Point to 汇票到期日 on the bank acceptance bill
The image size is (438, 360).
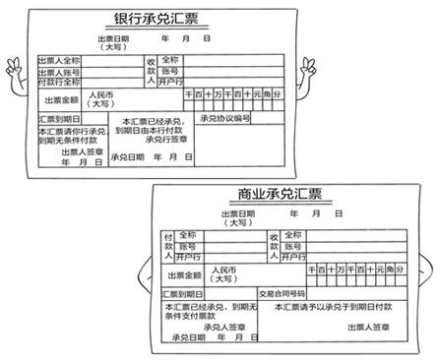(56, 119)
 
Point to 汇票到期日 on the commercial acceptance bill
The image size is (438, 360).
(180, 293)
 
